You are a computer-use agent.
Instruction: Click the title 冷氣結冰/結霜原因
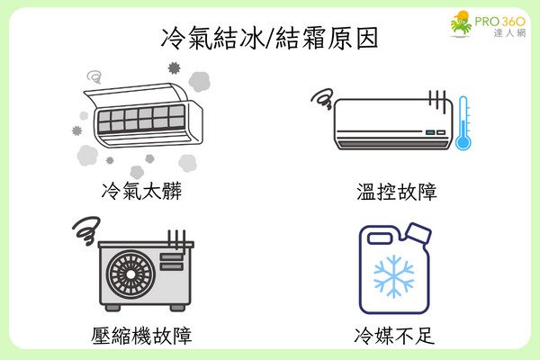tap(270, 38)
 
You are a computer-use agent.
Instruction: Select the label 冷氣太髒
tap(142, 192)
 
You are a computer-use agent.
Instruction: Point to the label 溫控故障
tap(396, 192)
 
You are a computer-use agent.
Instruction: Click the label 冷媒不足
tap(396, 336)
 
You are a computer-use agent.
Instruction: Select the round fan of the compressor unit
tap(128, 274)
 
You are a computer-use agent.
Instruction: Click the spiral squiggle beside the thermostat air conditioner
tap(322, 96)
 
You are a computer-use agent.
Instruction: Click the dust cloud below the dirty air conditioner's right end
tap(186, 162)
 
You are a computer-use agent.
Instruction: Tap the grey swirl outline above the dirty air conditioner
tap(94, 77)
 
